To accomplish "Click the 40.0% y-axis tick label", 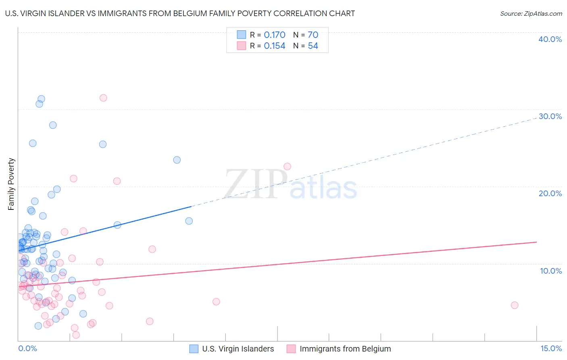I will pyautogui.click(x=550, y=39).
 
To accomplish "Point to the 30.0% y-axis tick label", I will pyautogui.click(x=550, y=116).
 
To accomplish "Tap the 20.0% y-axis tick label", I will pyautogui.click(x=550, y=193).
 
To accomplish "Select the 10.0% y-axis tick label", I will pyautogui.click(x=551, y=271).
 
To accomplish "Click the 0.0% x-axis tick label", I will pyautogui.click(x=27, y=348).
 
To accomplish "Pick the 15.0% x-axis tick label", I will pyautogui.click(x=551, y=348).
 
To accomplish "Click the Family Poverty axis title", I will pyautogui.click(x=11, y=184).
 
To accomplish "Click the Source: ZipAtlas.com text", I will pyautogui.click(x=531, y=13).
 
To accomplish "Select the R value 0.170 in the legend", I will pyautogui.click(x=274, y=35).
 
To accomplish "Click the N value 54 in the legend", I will pyautogui.click(x=313, y=46).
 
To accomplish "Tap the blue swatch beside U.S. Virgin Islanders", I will pyautogui.click(x=194, y=349).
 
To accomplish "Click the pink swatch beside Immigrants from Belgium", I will pyautogui.click(x=291, y=349).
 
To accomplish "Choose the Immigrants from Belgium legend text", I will pyautogui.click(x=345, y=349).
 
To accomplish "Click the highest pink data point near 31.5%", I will pyautogui.click(x=103, y=98).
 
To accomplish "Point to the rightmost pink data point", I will pyautogui.click(x=514, y=305).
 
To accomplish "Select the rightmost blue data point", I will pyautogui.click(x=189, y=221).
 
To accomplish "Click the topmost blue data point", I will pyautogui.click(x=41, y=99).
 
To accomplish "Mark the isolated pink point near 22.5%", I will pyautogui.click(x=287, y=166).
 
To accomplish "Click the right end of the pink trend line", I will pyautogui.click(x=536, y=242).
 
